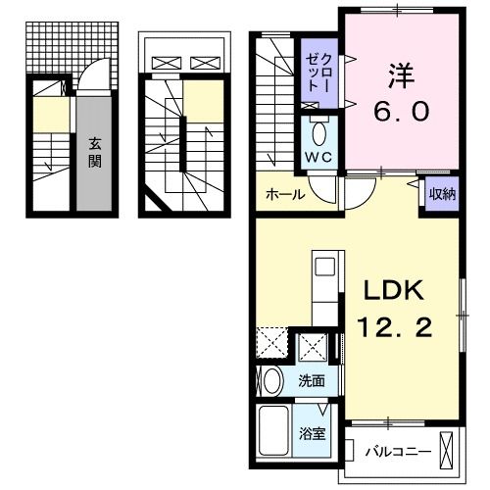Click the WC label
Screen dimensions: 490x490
tap(318, 157)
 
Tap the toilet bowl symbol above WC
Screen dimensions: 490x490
tap(318, 132)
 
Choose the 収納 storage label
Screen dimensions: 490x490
tap(441, 193)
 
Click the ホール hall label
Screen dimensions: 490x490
tap(283, 194)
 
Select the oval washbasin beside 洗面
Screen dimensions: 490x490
tap(272, 381)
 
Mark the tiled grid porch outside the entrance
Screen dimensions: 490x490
tap(70, 44)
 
